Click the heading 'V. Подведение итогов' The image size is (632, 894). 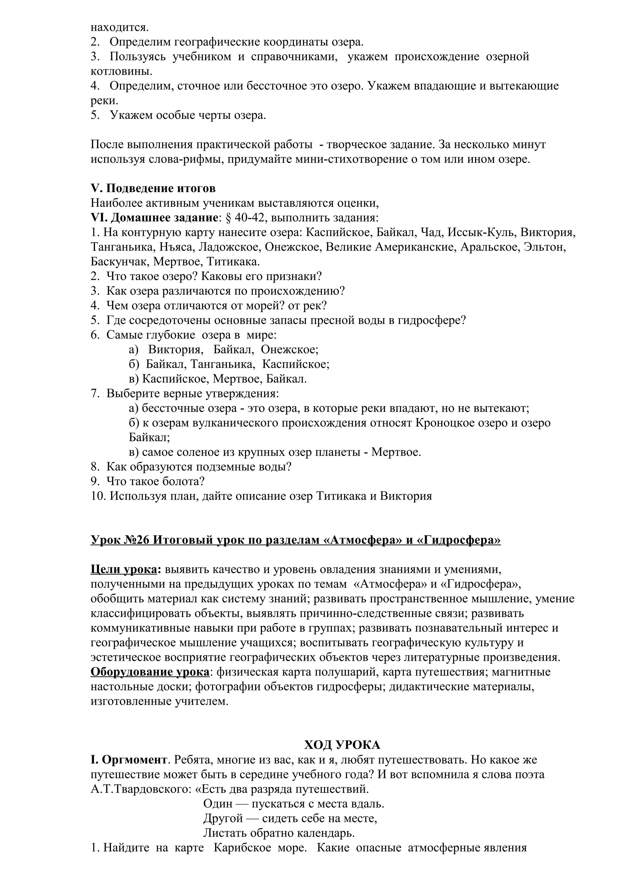pyautogui.click(x=153, y=188)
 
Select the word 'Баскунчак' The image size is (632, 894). pyautogui.click(x=120, y=262)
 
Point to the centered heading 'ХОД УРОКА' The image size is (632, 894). pyautogui.click(x=342, y=745)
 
